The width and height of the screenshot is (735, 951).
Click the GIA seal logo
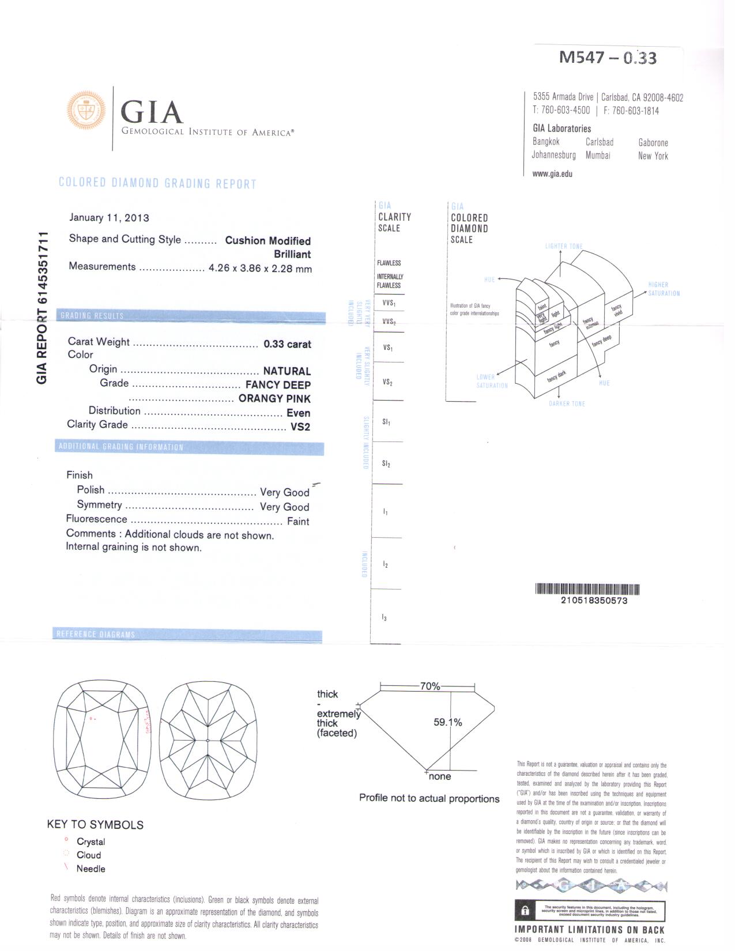(x=86, y=110)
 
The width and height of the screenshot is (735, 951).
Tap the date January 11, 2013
(x=109, y=218)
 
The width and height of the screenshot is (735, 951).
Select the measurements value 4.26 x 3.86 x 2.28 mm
(x=260, y=269)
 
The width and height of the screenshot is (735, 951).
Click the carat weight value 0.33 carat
(x=287, y=344)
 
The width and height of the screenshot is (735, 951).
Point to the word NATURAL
(x=287, y=371)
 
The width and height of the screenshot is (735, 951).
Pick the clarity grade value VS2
(x=300, y=427)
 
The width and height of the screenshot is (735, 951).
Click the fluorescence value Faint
(x=298, y=522)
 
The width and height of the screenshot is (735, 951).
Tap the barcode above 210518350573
(x=587, y=590)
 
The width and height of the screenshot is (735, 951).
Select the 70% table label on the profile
(x=430, y=686)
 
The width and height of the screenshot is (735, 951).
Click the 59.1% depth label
(x=447, y=723)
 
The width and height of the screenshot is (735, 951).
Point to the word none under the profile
(x=440, y=777)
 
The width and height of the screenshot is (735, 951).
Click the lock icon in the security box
(x=525, y=911)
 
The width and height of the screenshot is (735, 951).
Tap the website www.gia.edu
(x=552, y=173)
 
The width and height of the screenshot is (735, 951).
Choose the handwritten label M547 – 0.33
(x=608, y=58)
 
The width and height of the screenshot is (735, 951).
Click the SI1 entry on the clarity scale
(x=386, y=422)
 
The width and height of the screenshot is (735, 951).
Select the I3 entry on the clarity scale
(x=385, y=618)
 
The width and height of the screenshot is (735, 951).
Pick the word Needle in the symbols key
(x=91, y=869)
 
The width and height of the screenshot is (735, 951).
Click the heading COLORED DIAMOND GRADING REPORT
(x=157, y=183)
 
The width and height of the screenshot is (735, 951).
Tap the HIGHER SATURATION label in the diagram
(x=664, y=289)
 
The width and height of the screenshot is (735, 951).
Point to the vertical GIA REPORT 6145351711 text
(x=42, y=308)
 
